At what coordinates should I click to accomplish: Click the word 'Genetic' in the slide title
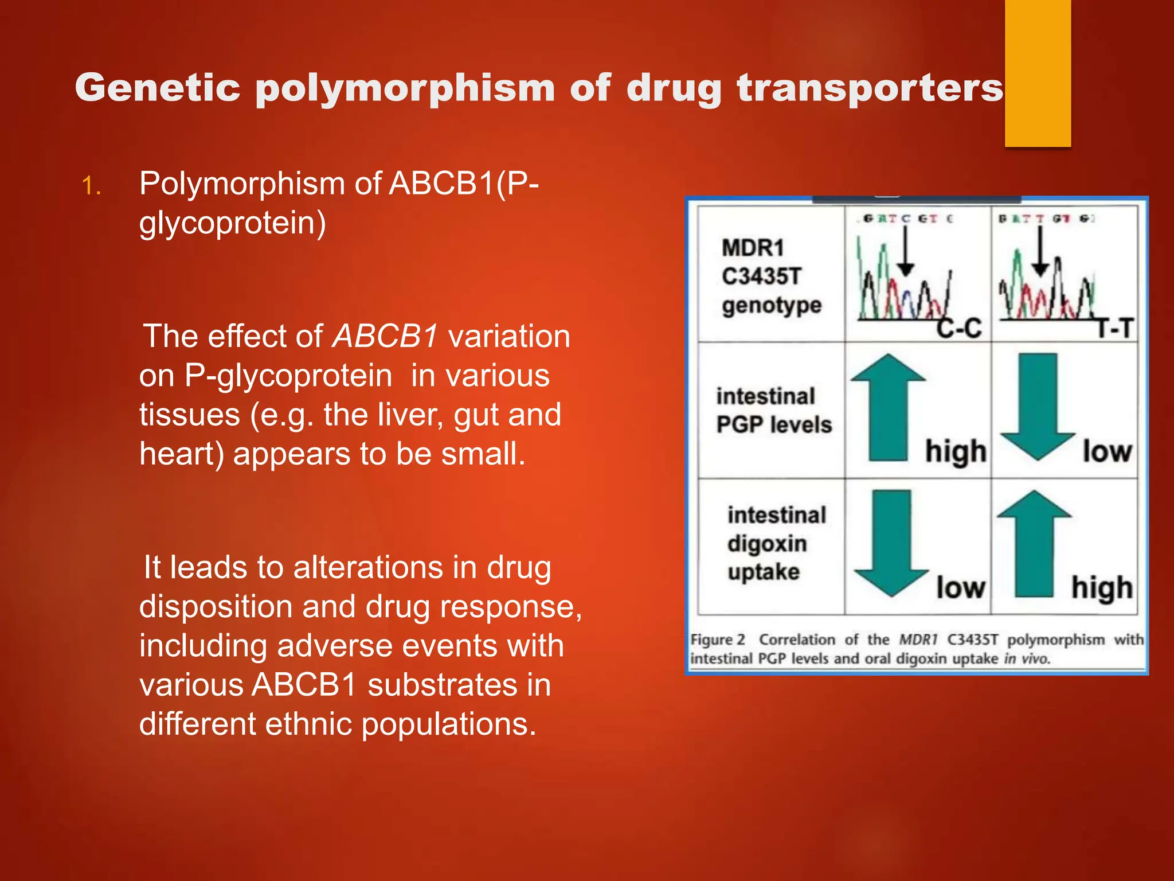point(157,88)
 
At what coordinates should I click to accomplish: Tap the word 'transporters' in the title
point(870,88)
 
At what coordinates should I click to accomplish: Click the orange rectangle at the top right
point(1038,73)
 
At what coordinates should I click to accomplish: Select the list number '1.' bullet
point(92,186)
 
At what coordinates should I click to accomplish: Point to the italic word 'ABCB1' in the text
point(386,336)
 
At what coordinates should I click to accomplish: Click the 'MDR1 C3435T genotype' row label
point(771,276)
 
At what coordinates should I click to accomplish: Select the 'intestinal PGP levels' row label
point(773,411)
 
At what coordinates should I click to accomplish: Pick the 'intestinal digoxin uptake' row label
point(776,543)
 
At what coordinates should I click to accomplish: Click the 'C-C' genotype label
point(959,328)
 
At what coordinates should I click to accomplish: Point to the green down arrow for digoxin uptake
point(891,543)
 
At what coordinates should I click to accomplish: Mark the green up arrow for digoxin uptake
point(1034,543)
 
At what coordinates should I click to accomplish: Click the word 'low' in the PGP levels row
point(1107,451)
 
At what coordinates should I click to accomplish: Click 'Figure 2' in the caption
point(718,640)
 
